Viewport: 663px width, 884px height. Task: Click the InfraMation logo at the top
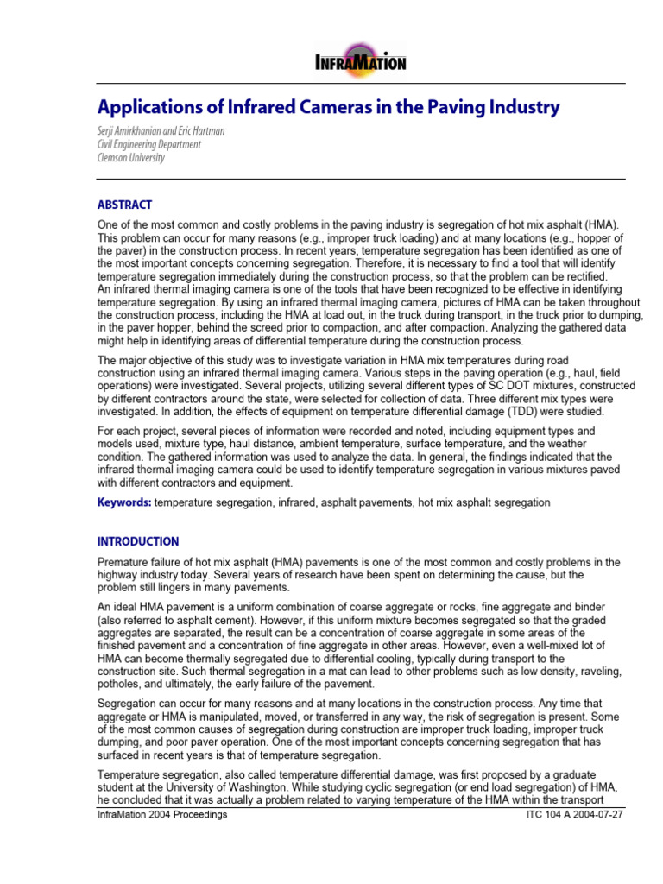(x=360, y=61)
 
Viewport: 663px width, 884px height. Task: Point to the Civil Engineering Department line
(x=149, y=144)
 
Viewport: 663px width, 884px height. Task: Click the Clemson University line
(x=130, y=158)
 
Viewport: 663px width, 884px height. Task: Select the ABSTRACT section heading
(x=124, y=205)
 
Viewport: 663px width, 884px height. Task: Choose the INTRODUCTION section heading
(x=138, y=541)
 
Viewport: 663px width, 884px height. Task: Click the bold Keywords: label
(x=124, y=502)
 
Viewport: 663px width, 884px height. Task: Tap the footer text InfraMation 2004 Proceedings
(x=162, y=815)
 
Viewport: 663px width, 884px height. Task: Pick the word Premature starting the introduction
(x=124, y=562)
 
